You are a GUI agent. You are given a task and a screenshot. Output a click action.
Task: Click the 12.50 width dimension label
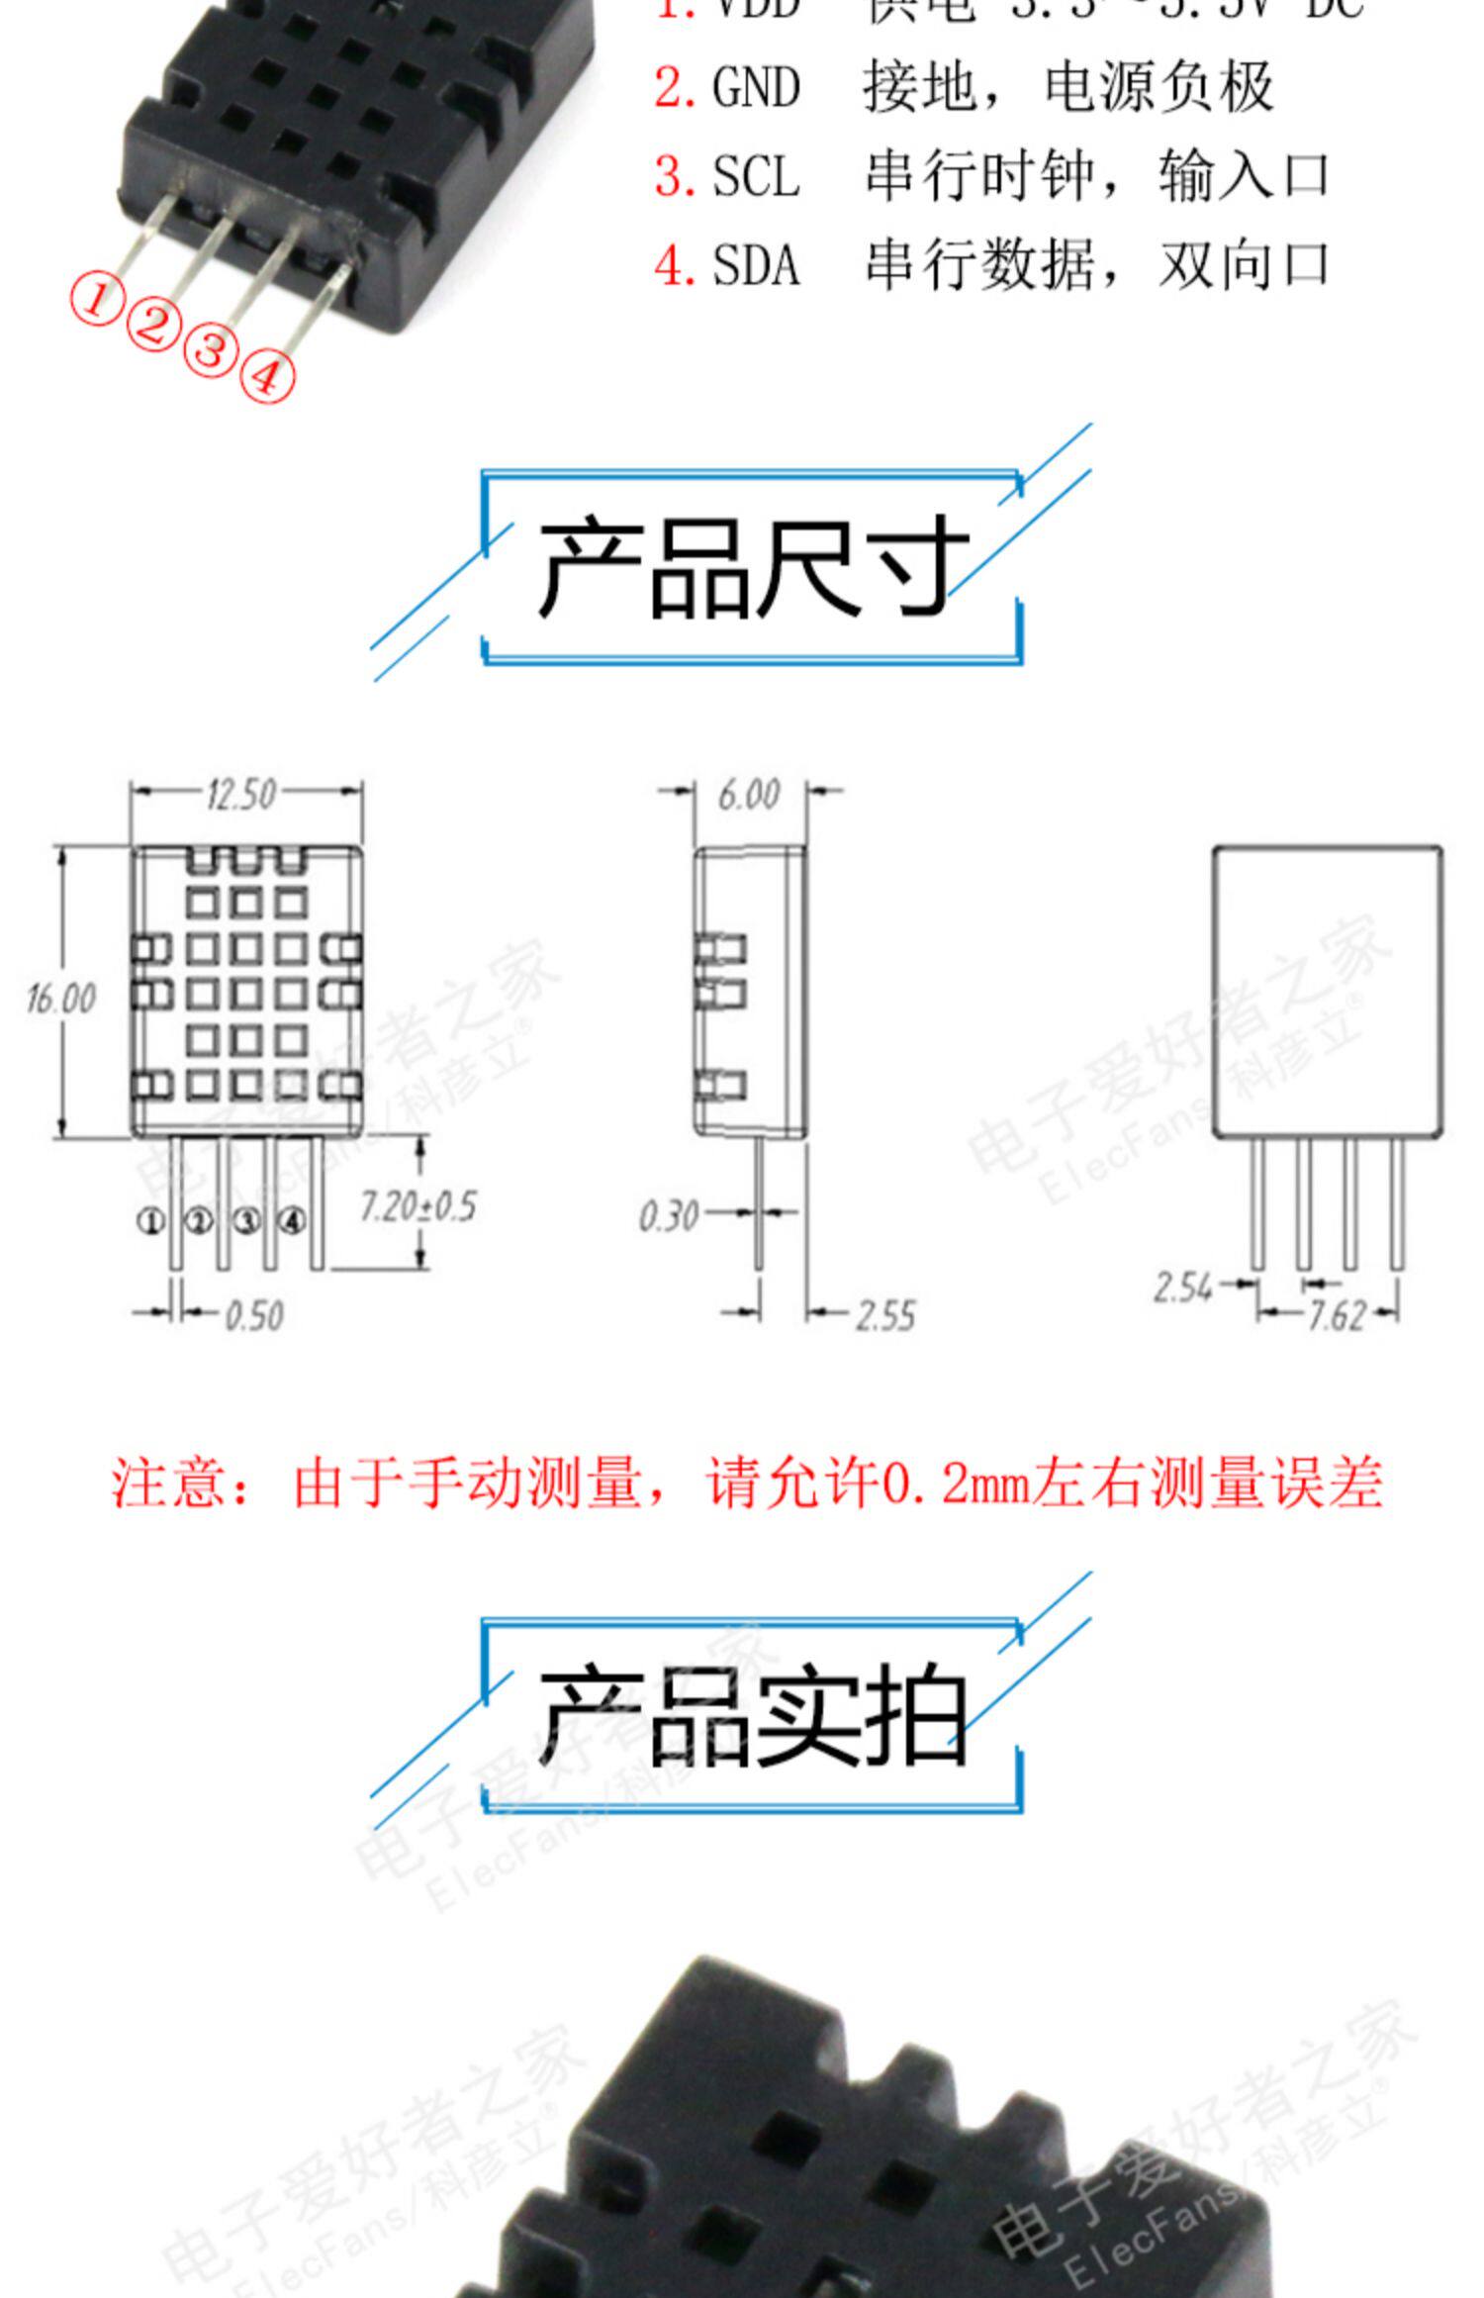241,794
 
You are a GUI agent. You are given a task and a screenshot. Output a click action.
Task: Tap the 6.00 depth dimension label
749,794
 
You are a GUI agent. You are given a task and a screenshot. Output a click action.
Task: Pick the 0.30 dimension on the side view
669,1216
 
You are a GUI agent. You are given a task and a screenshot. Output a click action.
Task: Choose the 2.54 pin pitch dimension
1182,1288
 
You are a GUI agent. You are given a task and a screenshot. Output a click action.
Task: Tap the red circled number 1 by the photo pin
95,299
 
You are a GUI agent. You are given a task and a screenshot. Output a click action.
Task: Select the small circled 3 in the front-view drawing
245,1221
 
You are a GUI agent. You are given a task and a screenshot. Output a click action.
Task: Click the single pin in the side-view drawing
759,1202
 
